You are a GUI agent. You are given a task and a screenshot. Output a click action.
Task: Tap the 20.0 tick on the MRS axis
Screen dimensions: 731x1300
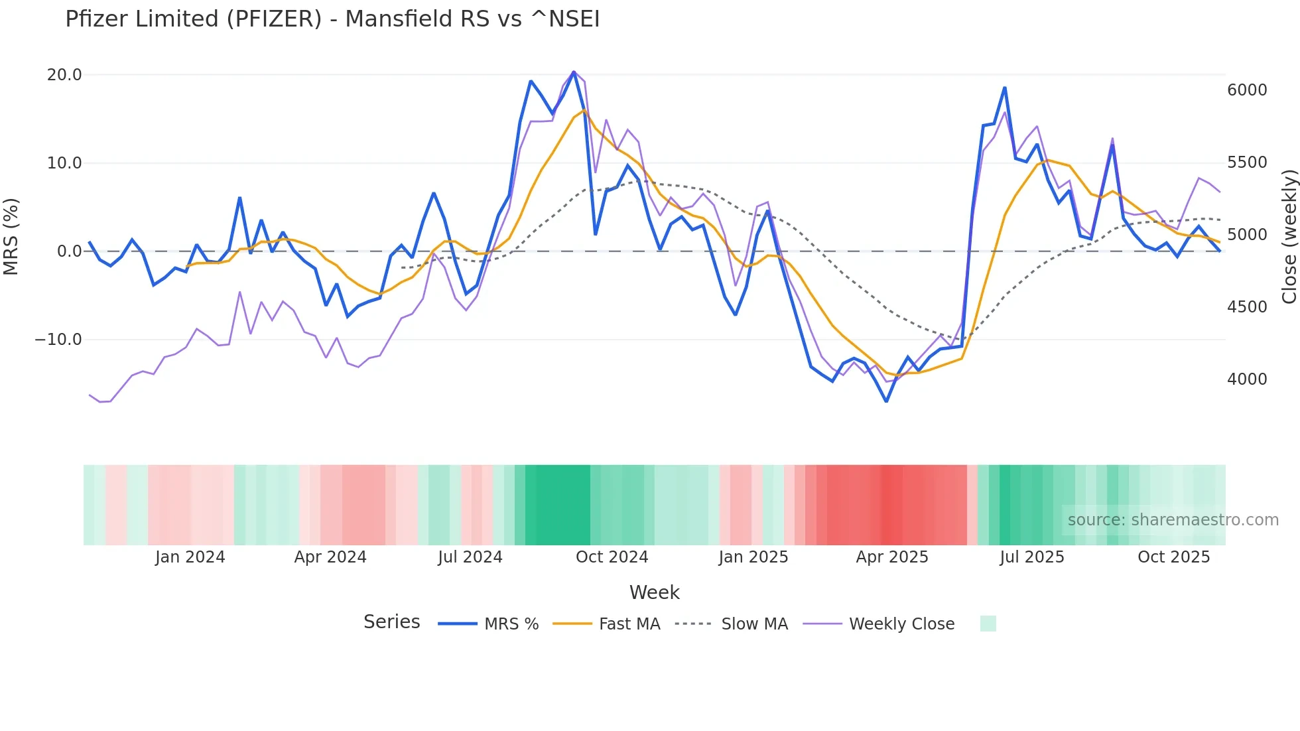64,75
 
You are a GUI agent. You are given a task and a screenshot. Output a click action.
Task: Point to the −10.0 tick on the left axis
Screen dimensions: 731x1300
58,340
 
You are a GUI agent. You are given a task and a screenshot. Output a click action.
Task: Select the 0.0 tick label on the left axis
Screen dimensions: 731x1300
69,251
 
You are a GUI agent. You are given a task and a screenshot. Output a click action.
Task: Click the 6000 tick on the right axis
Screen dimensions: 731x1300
1247,90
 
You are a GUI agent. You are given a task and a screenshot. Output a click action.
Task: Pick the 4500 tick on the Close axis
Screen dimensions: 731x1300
1247,307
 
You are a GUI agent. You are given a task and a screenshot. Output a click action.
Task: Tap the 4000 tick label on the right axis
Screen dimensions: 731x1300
1247,379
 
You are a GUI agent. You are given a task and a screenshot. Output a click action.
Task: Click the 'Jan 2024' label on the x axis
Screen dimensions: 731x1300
190,557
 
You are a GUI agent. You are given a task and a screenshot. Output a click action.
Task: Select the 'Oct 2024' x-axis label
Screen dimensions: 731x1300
612,557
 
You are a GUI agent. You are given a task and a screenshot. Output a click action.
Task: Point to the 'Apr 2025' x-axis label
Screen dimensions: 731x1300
892,557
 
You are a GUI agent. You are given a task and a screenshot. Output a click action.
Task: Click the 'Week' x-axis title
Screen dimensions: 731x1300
654,592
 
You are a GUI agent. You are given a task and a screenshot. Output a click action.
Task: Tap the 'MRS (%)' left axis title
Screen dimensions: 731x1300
11,236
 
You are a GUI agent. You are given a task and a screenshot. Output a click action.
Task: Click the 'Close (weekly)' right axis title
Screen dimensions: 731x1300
1289,237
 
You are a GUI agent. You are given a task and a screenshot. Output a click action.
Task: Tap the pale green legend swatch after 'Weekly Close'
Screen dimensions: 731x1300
988,624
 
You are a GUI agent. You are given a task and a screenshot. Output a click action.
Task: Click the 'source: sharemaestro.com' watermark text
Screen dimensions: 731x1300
1173,520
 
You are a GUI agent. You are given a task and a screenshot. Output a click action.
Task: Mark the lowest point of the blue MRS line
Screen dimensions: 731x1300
886,401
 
